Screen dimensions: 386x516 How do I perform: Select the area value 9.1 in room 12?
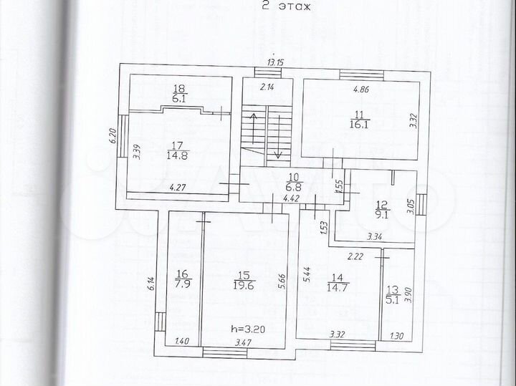(x=381, y=212)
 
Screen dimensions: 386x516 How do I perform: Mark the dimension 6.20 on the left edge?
(x=113, y=137)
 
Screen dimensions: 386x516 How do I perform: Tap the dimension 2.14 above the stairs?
(x=267, y=87)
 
